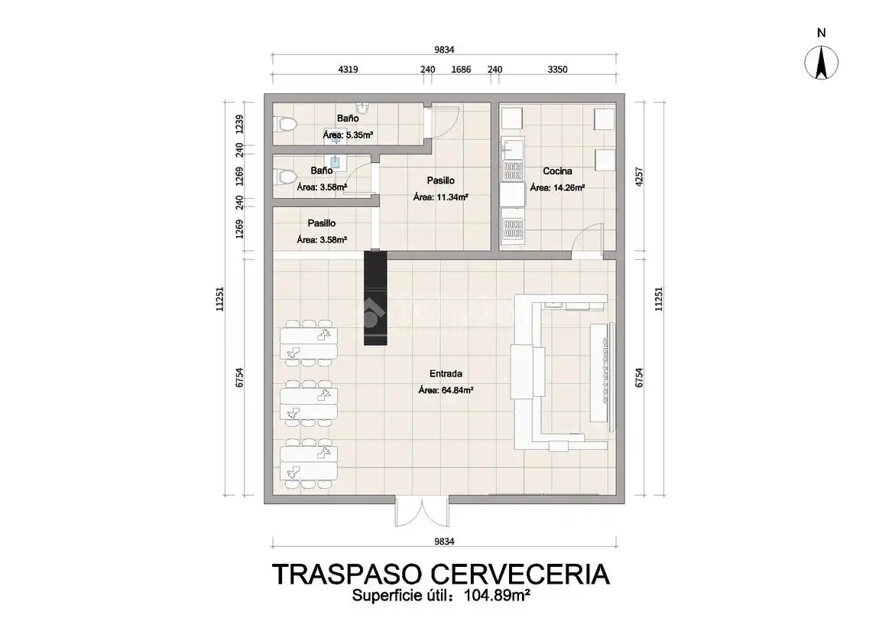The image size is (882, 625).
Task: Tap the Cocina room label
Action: click(x=557, y=171)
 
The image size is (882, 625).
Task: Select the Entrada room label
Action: click(x=446, y=373)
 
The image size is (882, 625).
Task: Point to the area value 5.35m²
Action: click(x=359, y=135)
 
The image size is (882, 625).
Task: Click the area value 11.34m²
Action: click(x=452, y=197)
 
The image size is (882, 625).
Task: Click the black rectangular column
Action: click(x=376, y=298)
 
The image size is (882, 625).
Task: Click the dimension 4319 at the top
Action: click(x=348, y=70)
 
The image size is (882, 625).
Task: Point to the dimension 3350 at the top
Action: click(x=557, y=70)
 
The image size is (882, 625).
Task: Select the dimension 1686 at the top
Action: click(x=461, y=70)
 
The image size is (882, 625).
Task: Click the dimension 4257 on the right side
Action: click(x=639, y=177)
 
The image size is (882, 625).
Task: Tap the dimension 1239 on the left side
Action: click(x=240, y=124)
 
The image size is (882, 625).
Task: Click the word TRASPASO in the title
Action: click(x=347, y=575)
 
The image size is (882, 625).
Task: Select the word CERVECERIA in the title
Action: click(x=520, y=575)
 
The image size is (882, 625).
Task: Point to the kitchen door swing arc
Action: click(x=584, y=232)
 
